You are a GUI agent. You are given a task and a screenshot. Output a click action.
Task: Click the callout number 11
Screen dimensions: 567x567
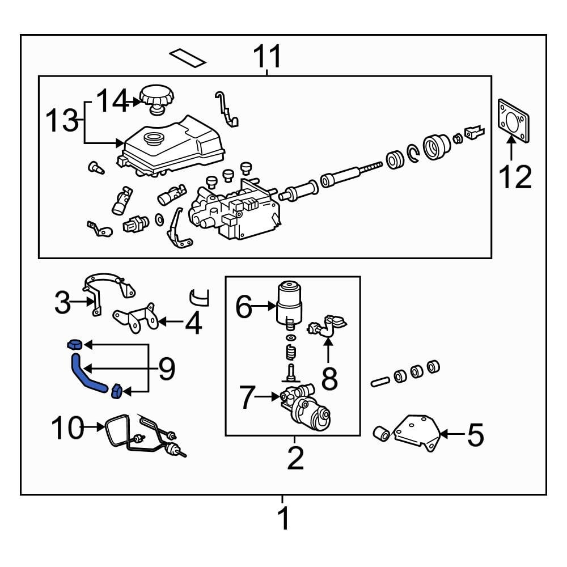(x=267, y=57)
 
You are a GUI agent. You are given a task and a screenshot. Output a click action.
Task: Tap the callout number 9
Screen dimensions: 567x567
(x=166, y=369)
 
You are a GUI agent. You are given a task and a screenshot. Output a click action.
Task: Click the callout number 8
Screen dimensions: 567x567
(x=329, y=379)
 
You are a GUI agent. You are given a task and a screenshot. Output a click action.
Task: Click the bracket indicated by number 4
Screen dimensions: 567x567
(x=136, y=319)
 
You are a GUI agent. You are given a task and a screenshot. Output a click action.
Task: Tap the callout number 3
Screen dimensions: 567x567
(x=62, y=303)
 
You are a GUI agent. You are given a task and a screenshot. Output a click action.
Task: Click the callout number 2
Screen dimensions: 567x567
(x=295, y=458)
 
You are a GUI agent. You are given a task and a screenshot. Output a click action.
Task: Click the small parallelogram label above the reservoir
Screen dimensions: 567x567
(x=188, y=57)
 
